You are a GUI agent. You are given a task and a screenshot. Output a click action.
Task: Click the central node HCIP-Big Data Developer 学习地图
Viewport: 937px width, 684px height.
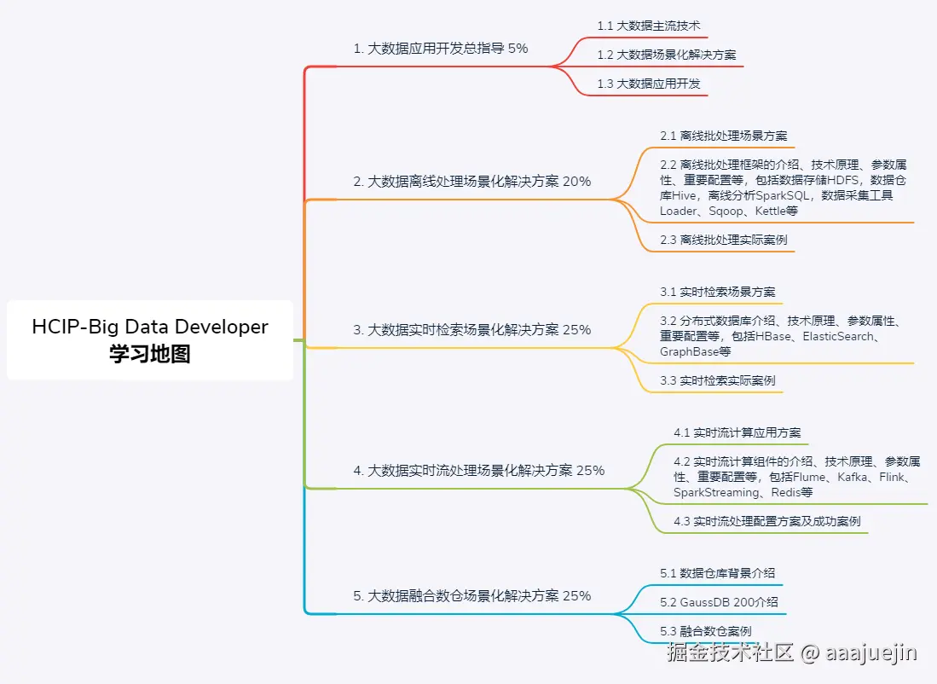150,340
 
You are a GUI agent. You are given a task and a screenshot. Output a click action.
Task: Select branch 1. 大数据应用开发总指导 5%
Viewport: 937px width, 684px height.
441,49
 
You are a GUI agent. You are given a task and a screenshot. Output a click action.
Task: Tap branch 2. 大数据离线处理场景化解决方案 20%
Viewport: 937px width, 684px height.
472,182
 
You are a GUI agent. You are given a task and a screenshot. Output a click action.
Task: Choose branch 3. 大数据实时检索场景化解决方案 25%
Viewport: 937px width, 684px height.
472,330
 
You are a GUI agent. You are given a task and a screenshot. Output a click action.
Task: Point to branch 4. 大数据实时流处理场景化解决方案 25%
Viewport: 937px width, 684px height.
479,471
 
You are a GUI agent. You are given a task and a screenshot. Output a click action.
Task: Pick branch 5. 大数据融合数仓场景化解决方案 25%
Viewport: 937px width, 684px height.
472,596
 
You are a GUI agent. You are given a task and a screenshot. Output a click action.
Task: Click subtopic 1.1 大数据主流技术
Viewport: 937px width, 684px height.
649,26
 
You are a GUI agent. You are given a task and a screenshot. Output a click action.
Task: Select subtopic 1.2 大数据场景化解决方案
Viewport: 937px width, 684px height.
667,55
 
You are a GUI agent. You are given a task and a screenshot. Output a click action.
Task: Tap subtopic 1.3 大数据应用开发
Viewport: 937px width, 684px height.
649,84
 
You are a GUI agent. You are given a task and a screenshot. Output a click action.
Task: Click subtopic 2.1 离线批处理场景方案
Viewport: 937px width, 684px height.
724,136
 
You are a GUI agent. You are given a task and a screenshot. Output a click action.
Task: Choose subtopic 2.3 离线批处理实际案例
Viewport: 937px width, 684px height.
724,241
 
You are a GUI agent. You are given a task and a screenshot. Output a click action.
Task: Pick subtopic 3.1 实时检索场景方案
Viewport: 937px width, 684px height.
718,292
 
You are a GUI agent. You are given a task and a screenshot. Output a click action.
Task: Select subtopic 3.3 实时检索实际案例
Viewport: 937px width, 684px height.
718,380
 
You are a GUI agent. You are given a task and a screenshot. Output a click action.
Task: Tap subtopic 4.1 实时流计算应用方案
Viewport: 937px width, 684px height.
737,432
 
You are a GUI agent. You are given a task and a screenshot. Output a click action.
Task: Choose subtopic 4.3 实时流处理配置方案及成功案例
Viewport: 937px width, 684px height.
767,521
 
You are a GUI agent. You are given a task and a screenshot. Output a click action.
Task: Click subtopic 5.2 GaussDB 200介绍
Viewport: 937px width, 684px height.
719,602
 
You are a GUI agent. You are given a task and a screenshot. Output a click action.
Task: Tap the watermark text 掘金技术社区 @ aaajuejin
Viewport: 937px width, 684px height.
792,653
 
